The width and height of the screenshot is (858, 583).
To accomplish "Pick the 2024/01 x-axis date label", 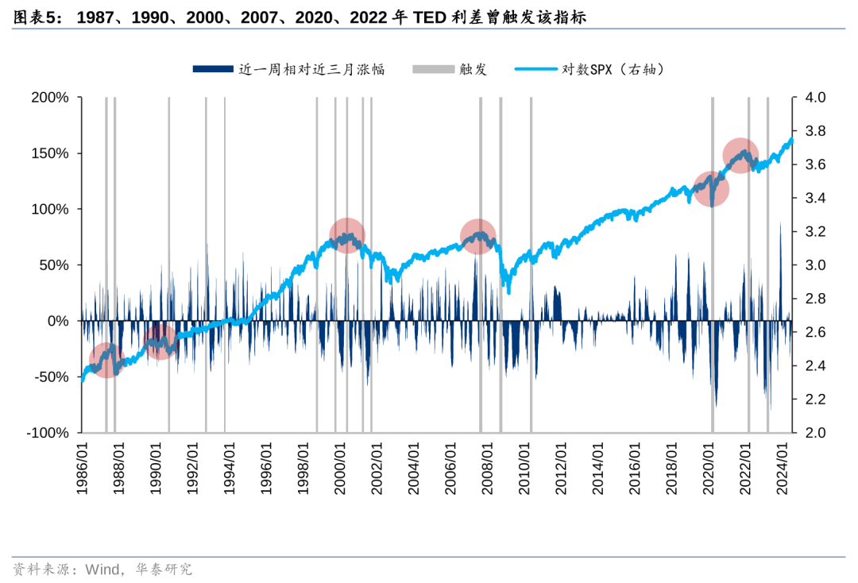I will [x=783, y=469].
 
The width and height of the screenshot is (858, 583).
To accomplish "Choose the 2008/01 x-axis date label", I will [x=488, y=469].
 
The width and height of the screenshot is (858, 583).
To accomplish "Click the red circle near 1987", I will [x=106, y=360].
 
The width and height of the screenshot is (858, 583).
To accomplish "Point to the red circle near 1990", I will [x=160, y=342].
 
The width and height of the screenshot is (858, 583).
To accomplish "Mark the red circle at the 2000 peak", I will [x=347, y=236].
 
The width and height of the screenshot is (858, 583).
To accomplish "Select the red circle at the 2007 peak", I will [x=478, y=236].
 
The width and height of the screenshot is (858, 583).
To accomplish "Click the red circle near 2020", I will [x=712, y=188].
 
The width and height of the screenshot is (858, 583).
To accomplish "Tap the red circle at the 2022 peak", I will [x=740, y=156].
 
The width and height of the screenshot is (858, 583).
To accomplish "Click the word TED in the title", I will [x=428, y=17].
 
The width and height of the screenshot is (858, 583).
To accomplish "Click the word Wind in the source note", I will [x=102, y=569].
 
